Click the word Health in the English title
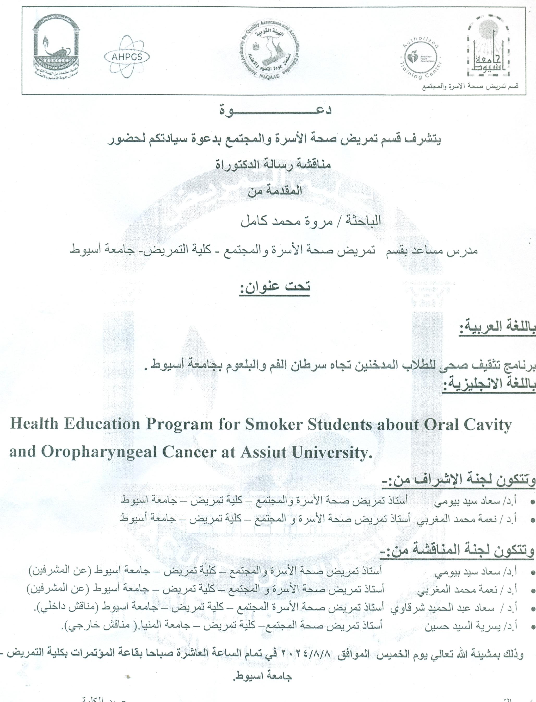pyautogui.click(x=34, y=425)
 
